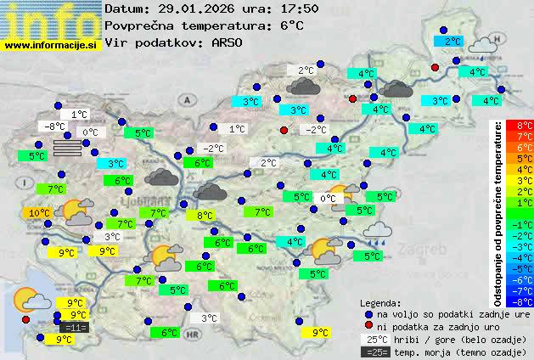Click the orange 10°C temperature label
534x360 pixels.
click(37, 213)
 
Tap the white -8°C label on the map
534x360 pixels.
click(55, 127)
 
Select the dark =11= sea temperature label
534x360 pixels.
click(75, 328)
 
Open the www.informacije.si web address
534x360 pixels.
click(50, 45)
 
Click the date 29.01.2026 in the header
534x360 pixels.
click(198, 8)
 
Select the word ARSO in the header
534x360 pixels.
click(230, 42)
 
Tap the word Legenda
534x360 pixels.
click(380, 301)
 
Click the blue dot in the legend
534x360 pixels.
click(368, 313)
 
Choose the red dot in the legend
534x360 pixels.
click(368, 326)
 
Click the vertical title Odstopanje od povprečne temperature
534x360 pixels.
click(498, 212)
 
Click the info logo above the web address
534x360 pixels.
click(50, 19)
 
